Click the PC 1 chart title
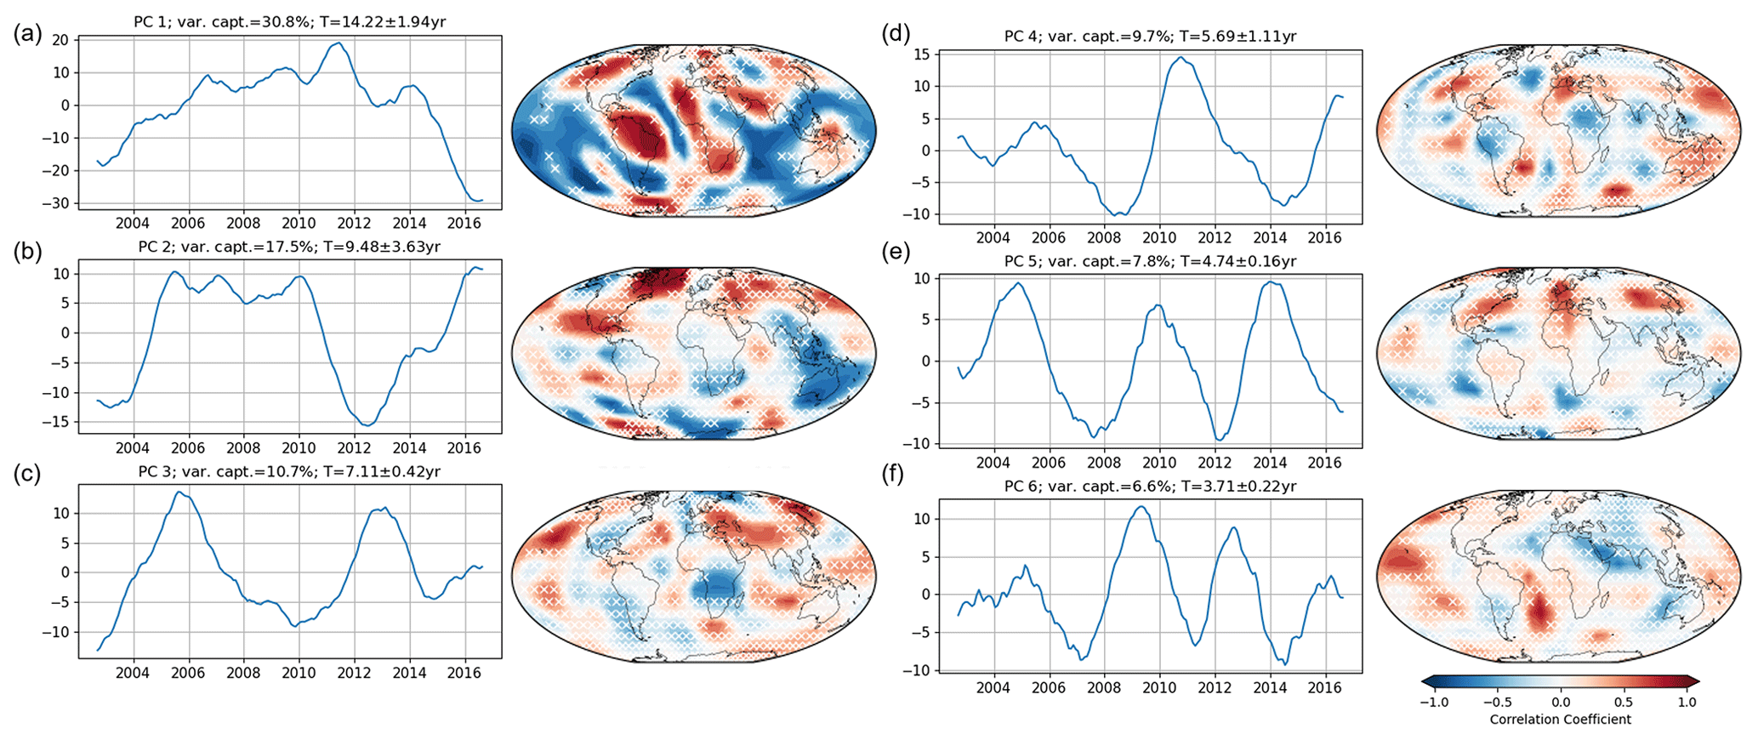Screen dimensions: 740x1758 tap(289, 22)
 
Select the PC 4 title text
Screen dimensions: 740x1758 tap(1150, 36)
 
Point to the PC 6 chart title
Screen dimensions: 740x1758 tap(1150, 487)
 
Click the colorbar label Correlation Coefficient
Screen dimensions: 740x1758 tap(1560, 720)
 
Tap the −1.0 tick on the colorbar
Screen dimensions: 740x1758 tap(1434, 703)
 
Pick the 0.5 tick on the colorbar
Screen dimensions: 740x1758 tap(1623, 703)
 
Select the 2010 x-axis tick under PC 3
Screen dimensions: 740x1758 tap(299, 673)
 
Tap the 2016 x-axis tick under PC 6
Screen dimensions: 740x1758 tap(1324, 687)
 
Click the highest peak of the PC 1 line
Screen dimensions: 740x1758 tap(339, 43)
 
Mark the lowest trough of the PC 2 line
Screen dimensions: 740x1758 tap(366, 425)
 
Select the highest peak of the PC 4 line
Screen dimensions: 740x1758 tap(1181, 57)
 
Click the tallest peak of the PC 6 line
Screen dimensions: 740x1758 tap(1141, 507)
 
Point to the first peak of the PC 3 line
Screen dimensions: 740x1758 tap(179, 492)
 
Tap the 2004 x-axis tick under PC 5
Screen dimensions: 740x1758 tap(993, 463)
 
